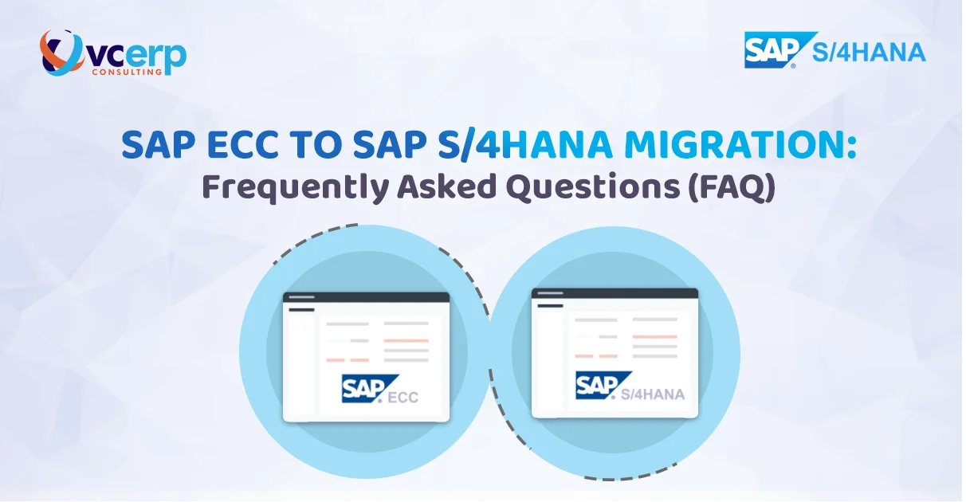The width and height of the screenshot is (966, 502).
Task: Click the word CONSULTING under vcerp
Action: point(130,71)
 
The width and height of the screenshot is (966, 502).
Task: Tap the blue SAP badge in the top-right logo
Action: point(772,49)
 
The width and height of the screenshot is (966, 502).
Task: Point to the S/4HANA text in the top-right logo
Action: point(870,53)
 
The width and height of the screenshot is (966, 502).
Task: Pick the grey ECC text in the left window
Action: point(402,397)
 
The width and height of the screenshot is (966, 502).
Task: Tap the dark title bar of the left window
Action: point(366,297)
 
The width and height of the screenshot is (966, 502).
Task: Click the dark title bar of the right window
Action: point(615,293)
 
